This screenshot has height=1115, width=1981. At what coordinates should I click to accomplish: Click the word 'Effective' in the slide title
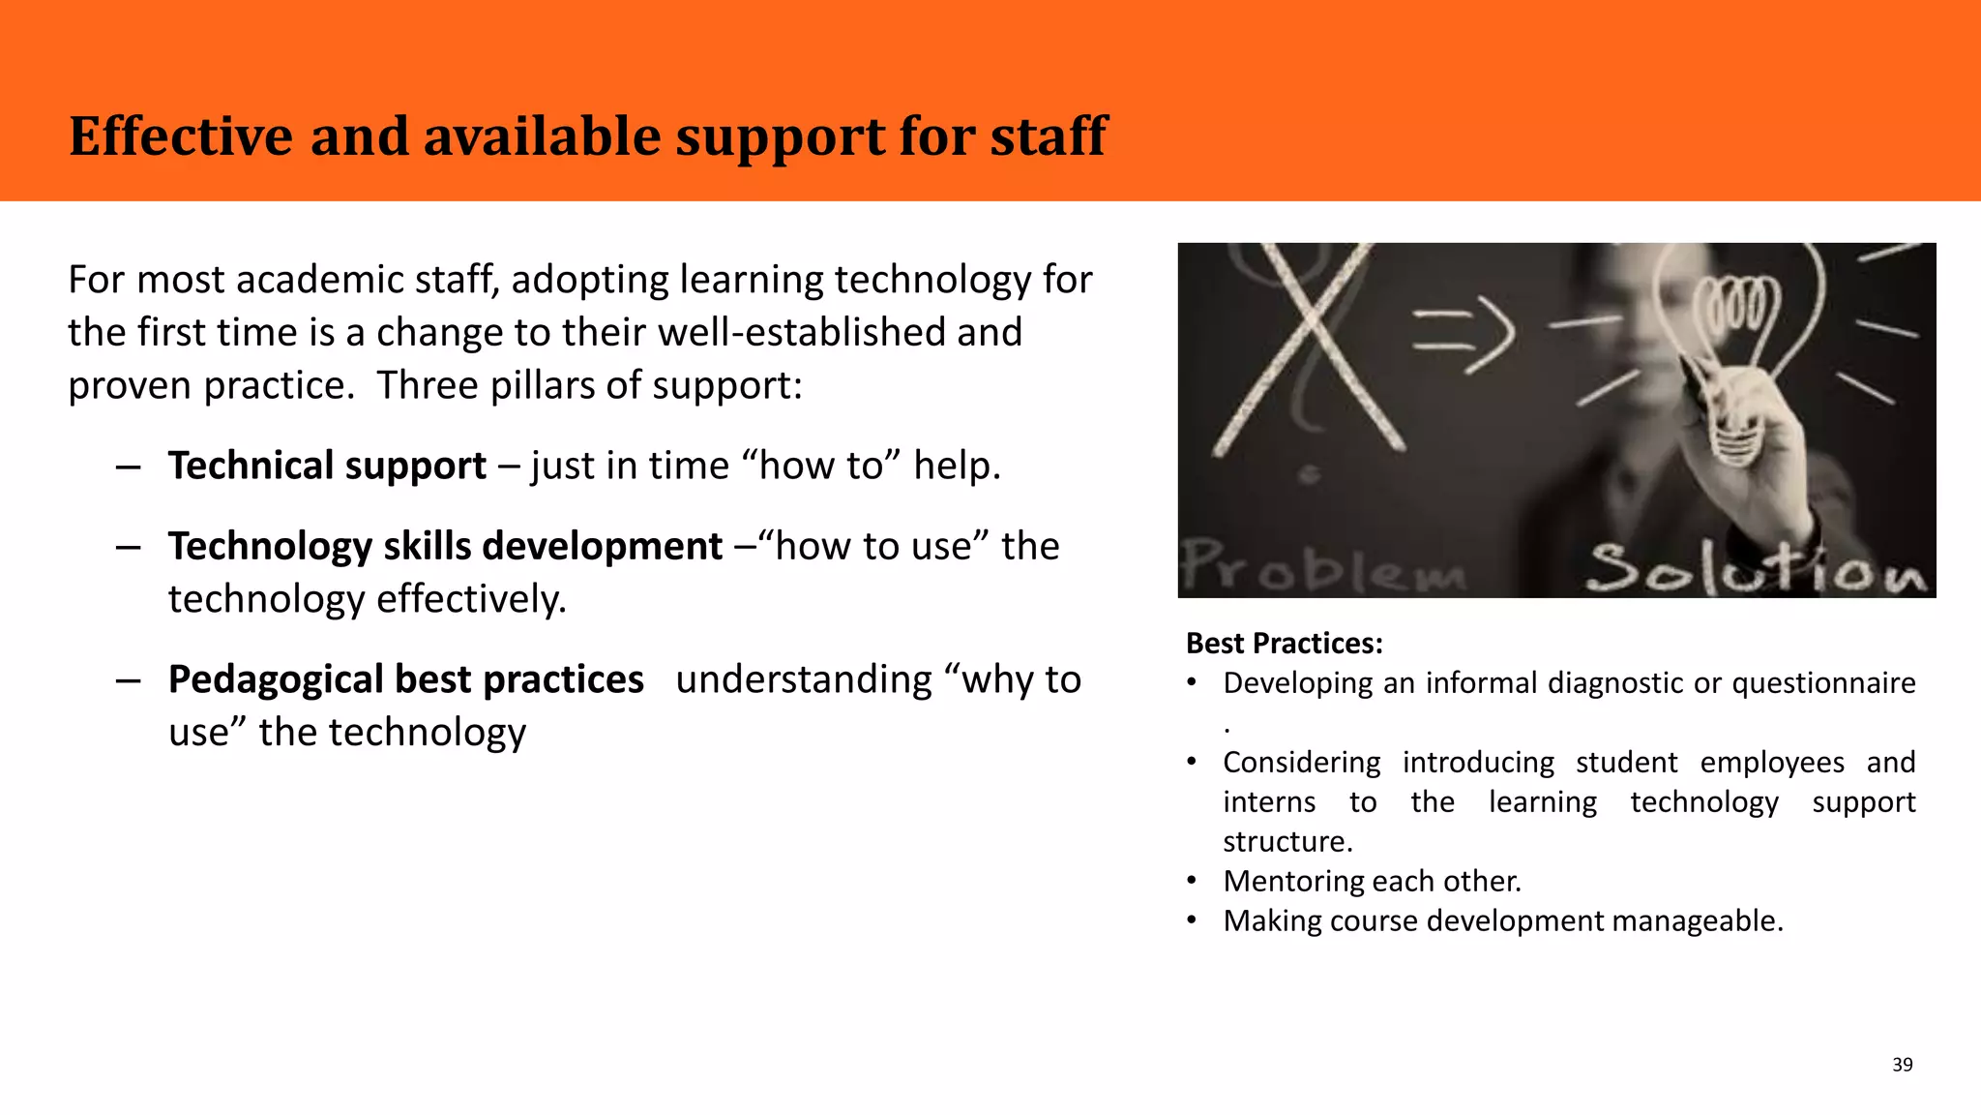tap(181, 136)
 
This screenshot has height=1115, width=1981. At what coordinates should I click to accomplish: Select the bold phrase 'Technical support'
tap(327, 466)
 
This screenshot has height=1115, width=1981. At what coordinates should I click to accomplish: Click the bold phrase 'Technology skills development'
tap(445, 546)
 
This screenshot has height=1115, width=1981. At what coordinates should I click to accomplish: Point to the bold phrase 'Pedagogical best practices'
tap(405, 679)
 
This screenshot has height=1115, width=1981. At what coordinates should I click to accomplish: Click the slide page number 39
tap(1902, 1065)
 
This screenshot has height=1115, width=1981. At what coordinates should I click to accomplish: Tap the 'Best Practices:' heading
tap(1284, 644)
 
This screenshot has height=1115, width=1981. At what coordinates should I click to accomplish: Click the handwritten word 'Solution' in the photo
tap(1756, 568)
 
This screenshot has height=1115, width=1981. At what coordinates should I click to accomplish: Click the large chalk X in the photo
tap(1308, 348)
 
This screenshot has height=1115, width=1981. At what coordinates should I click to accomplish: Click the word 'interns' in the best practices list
tap(1269, 802)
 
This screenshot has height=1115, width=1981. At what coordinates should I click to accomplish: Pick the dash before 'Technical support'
tap(128, 467)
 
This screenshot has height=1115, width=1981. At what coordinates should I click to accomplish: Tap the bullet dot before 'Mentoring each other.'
tap(1193, 882)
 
